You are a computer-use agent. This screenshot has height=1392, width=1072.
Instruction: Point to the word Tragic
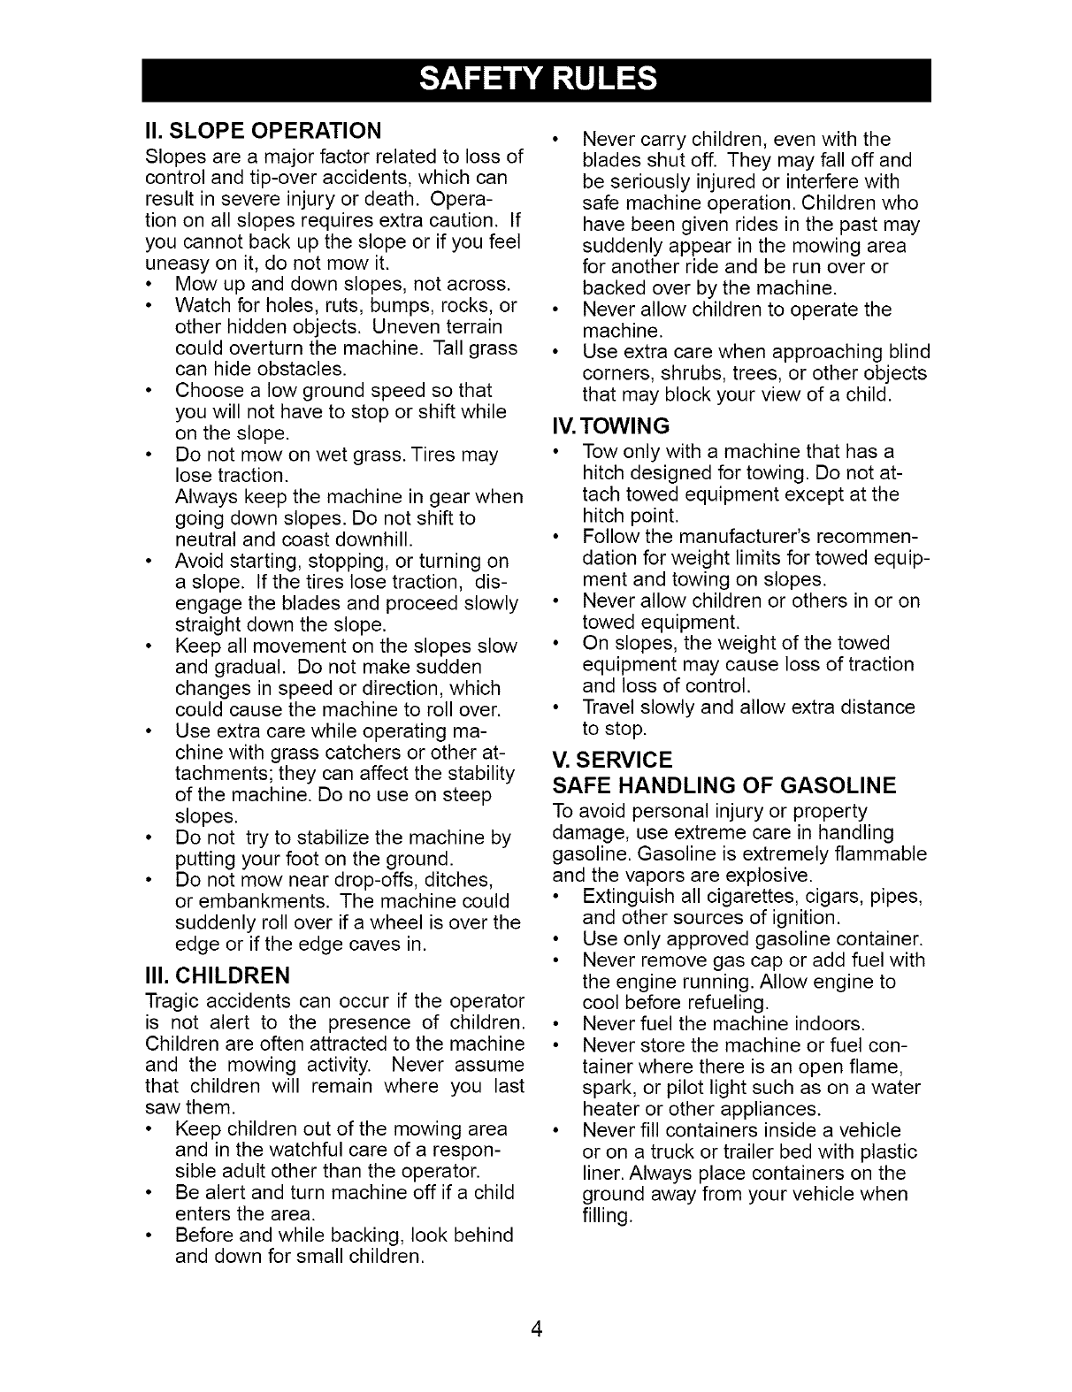point(172,1002)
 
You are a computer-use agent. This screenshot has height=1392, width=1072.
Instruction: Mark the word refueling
point(726,1003)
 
